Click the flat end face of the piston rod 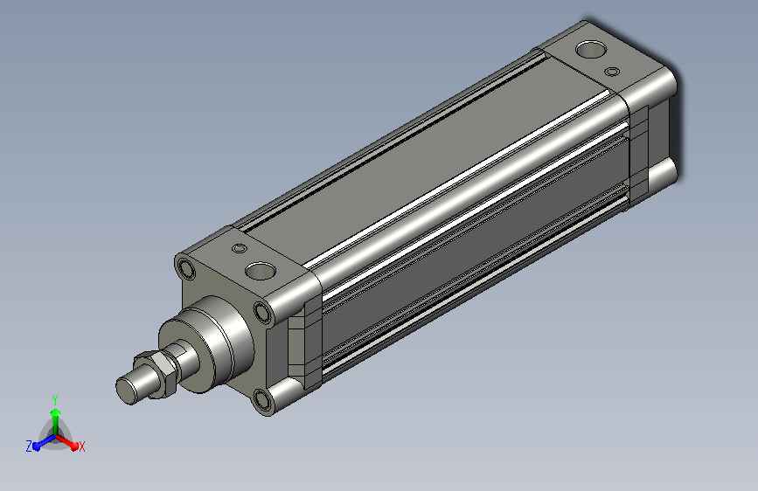pos(127,391)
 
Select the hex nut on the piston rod pos(157,375)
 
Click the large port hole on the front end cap pos(260,271)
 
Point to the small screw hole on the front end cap pos(240,248)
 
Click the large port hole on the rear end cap pos(591,49)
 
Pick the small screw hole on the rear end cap pos(612,72)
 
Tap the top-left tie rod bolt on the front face pos(186,269)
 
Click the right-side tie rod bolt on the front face pos(263,312)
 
